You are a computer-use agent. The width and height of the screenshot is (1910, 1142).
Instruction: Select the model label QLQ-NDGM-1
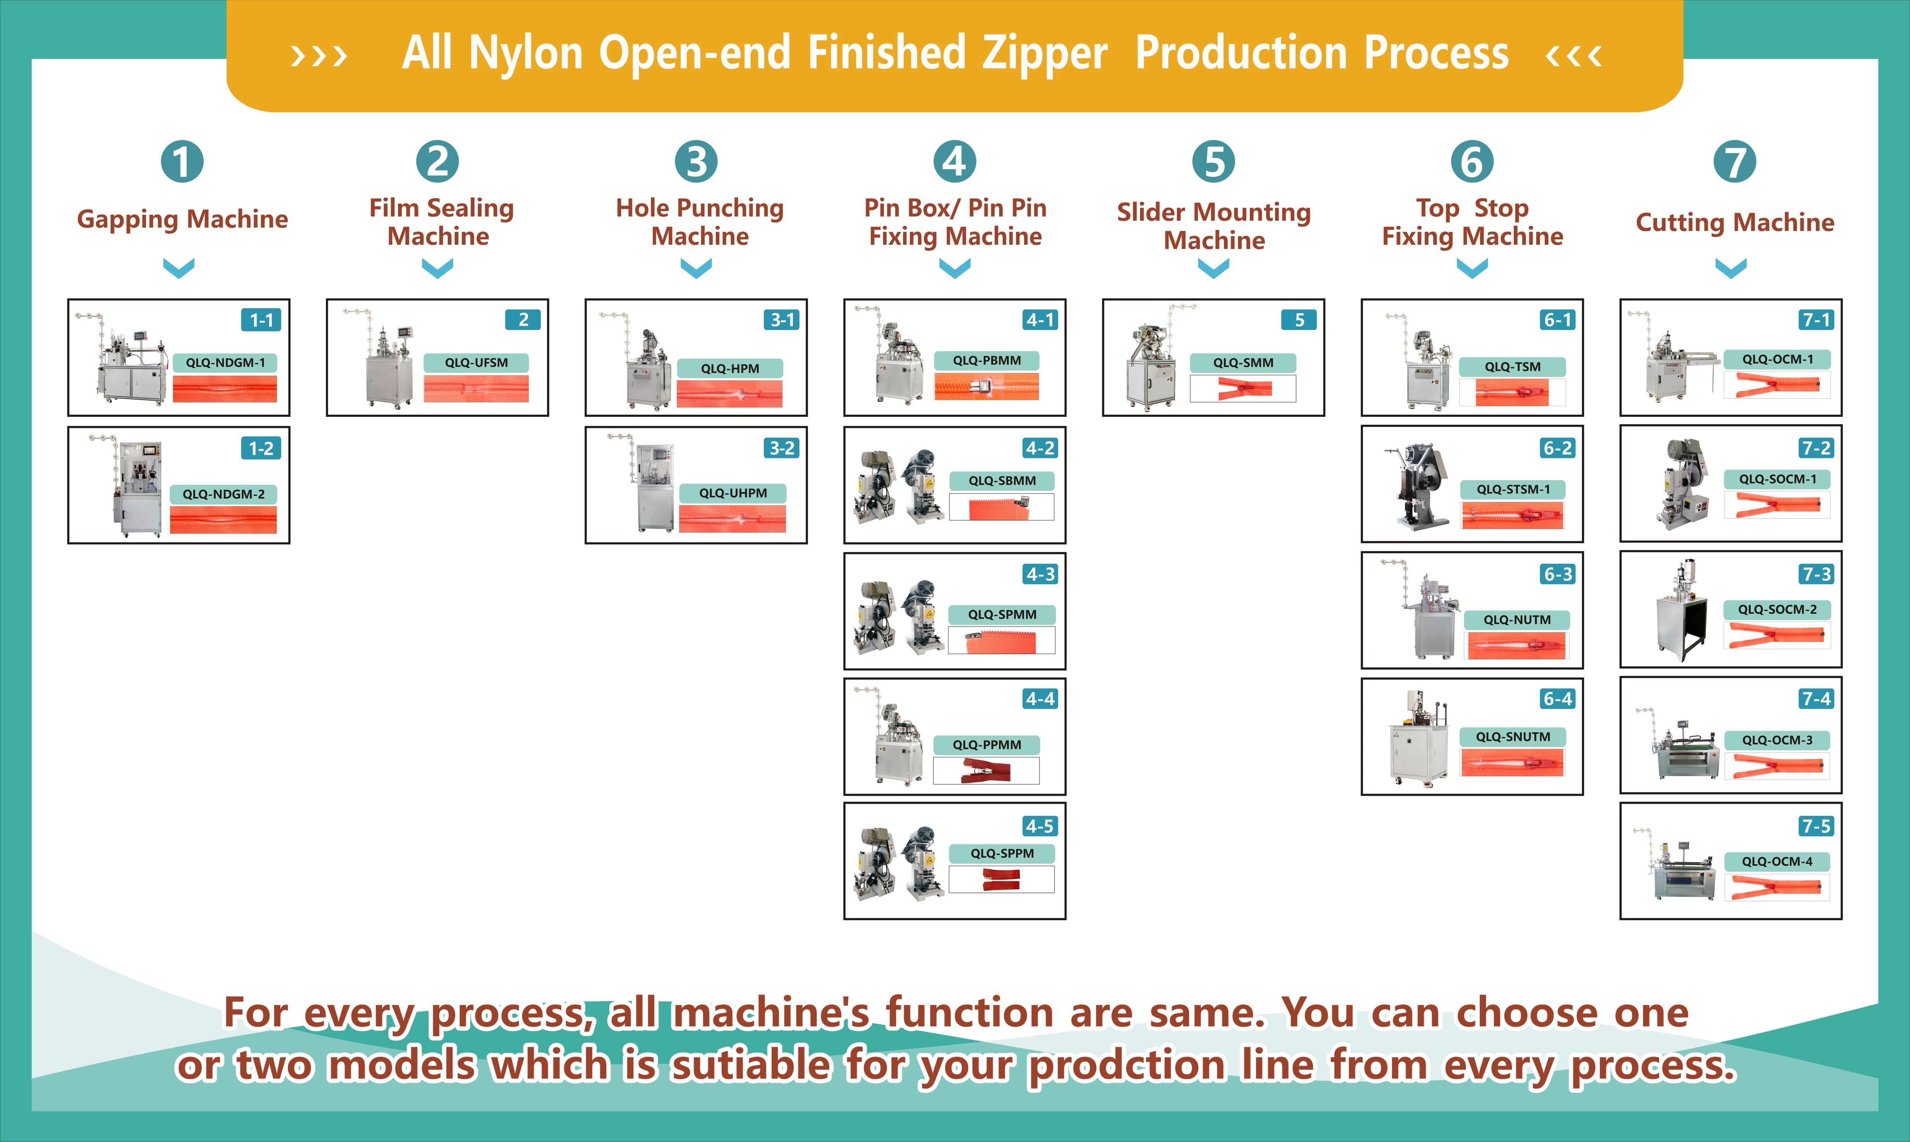click(x=225, y=362)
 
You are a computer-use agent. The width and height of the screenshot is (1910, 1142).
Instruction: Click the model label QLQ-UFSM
click(x=476, y=362)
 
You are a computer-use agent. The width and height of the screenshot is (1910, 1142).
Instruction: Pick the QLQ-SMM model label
click(x=1243, y=362)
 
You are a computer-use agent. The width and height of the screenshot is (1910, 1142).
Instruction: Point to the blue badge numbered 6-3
click(x=1557, y=574)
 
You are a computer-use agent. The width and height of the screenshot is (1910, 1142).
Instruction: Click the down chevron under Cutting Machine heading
click(x=1731, y=268)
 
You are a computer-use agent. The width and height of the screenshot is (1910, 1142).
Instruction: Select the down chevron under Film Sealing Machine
click(x=438, y=268)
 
